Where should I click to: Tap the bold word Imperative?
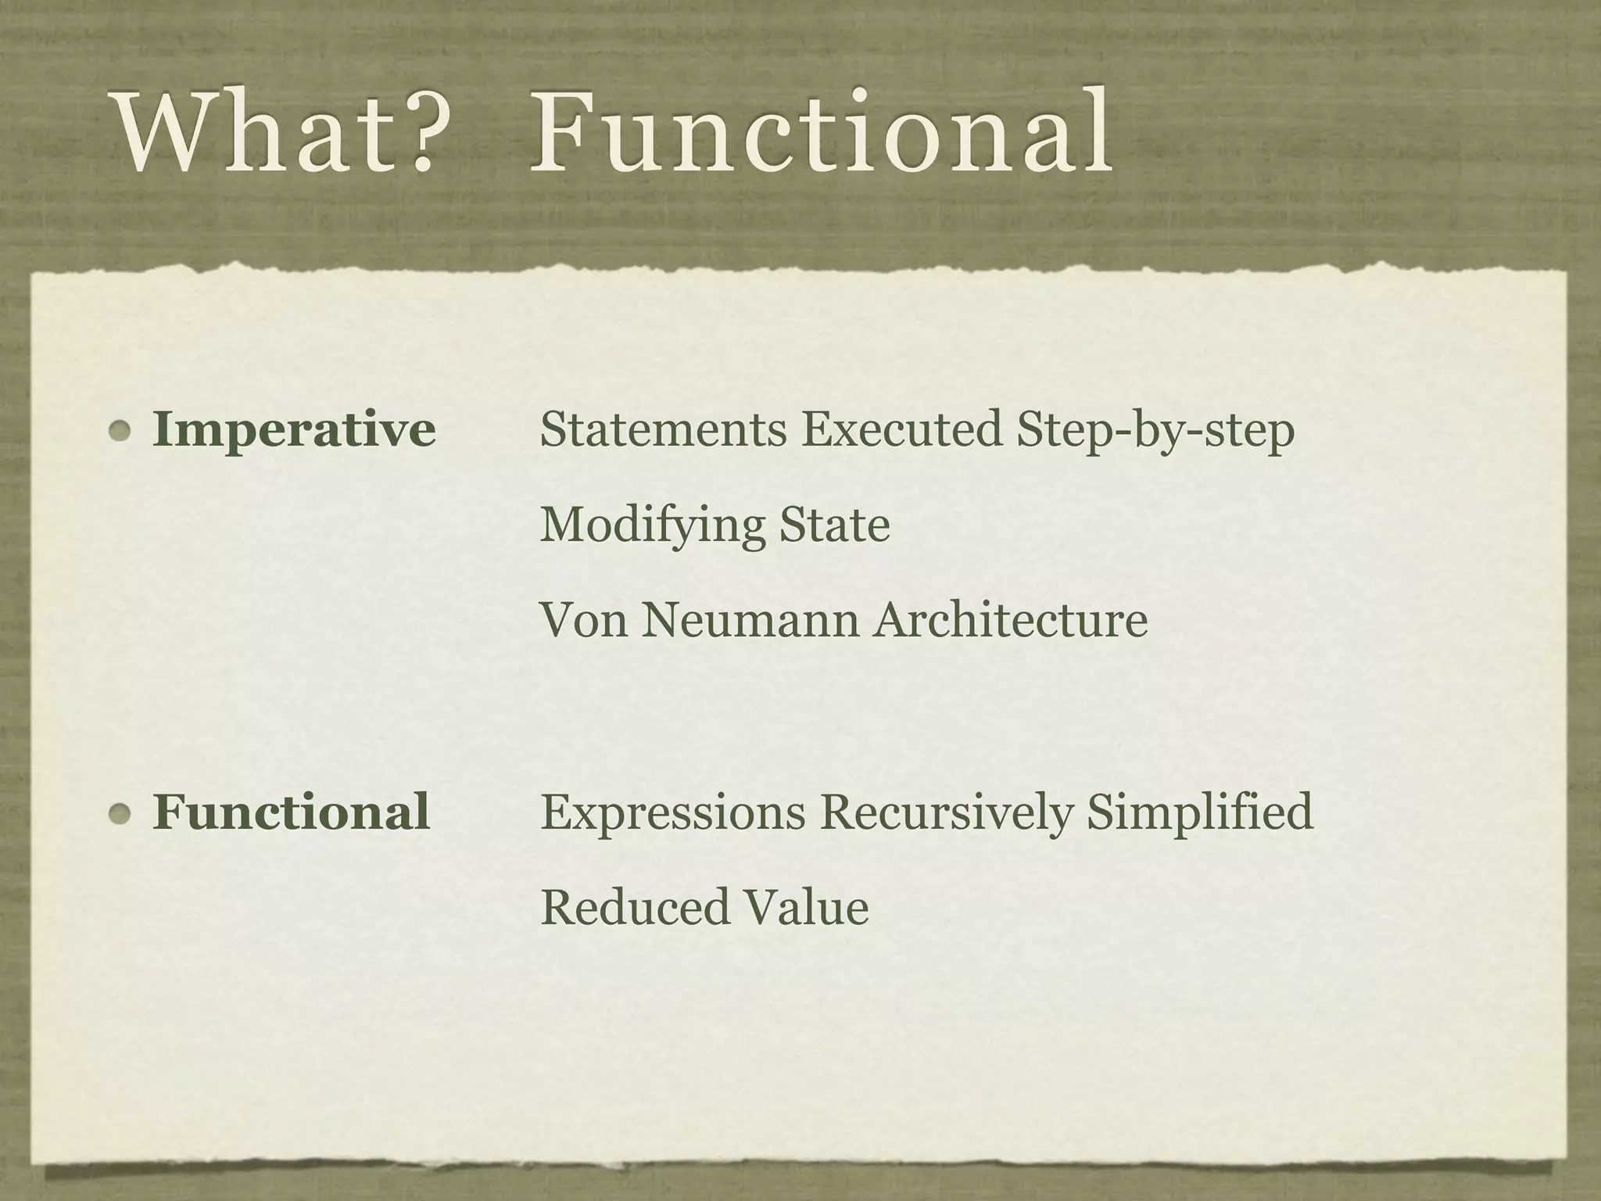click(294, 430)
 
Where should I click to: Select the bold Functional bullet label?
click(291, 812)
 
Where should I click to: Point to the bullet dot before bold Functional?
click(120, 813)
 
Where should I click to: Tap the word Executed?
click(901, 429)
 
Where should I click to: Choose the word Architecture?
click(1011, 620)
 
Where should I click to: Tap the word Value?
click(806, 907)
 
